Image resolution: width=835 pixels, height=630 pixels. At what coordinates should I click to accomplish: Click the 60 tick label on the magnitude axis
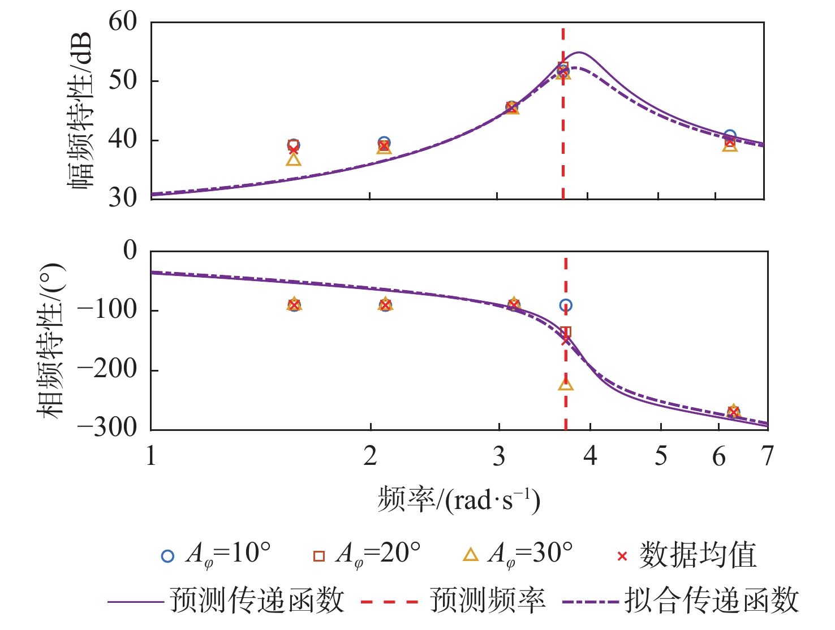(x=123, y=22)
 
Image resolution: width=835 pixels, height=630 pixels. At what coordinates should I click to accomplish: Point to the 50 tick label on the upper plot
(x=123, y=81)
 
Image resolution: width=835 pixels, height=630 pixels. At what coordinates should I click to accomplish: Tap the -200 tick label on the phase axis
(x=107, y=369)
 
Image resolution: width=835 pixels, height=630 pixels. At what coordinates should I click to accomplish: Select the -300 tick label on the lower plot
(x=107, y=428)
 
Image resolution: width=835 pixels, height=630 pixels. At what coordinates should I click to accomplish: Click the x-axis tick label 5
(x=661, y=456)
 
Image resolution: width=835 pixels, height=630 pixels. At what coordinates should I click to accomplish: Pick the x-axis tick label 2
(x=371, y=456)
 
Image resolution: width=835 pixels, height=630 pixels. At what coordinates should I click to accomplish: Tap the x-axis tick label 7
(x=767, y=456)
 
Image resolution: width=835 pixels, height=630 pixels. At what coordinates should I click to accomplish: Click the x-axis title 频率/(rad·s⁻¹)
(x=459, y=499)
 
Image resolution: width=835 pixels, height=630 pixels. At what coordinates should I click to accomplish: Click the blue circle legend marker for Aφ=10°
(x=167, y=556)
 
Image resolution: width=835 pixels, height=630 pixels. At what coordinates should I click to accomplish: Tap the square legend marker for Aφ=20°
(x=319, y=556)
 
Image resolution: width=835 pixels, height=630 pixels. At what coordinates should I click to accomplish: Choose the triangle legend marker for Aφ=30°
(x=471, y=555)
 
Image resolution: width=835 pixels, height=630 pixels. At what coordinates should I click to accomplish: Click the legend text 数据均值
(x=698, y=555)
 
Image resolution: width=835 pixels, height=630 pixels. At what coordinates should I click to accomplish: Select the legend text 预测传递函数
(x=257, y=600)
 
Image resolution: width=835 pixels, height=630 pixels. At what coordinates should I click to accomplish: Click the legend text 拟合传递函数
(x=712, y=600)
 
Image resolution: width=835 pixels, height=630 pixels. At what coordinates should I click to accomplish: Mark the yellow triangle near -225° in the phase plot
(x=566, y=384)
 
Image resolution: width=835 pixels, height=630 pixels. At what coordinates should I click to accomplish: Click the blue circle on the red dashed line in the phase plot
(x=566, y=305)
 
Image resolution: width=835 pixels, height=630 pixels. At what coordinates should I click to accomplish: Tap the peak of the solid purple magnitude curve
(x=579, y=53)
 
